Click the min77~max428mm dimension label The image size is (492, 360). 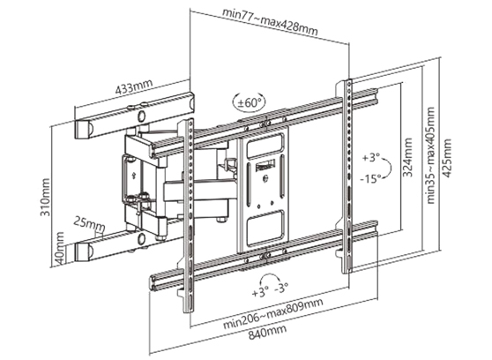point(271,19)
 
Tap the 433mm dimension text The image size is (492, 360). point(132,89)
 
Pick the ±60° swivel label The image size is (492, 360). point(249,103)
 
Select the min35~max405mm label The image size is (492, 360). point(431,157)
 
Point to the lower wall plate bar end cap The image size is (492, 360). point(83,251)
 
